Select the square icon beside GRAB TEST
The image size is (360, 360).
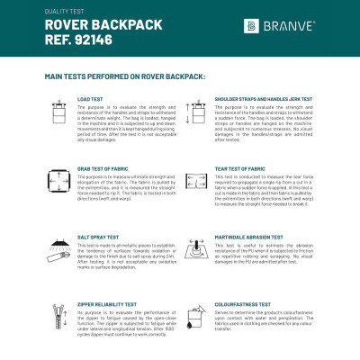point(60,182)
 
